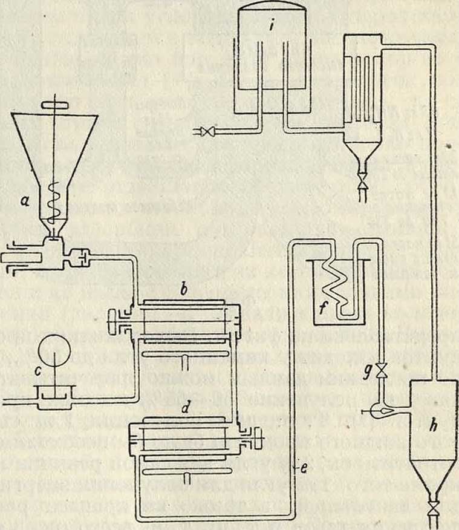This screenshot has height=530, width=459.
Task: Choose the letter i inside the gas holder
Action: click(x=274, y=27)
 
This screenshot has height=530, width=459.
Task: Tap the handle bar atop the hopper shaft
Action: click(x=55, y=107)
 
